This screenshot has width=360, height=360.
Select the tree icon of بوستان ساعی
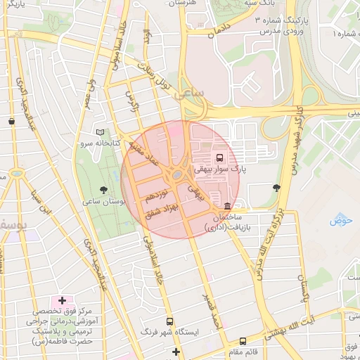click(104, 190)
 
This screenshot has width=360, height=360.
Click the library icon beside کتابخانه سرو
click(100, 131)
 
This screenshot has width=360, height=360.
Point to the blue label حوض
click(340, 221)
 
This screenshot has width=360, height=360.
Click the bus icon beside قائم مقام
click(243, 341)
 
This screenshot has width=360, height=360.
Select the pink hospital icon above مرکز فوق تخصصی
click(63, 301)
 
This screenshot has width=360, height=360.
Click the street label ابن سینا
click(46, 201)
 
